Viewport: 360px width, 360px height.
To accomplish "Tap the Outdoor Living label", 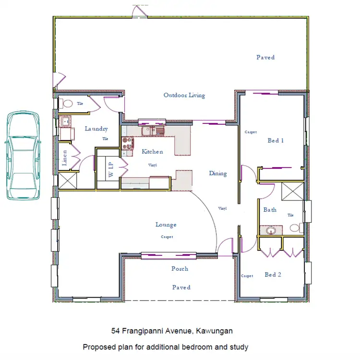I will pos(184,95).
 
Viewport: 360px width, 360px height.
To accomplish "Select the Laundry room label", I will pos(96,129).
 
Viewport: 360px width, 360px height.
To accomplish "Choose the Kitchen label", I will pos(152,152).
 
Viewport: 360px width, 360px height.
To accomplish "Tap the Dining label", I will pos(217,173).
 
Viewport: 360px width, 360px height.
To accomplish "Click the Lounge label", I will pos(166,225).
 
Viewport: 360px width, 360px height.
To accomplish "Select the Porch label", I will pos(180,269).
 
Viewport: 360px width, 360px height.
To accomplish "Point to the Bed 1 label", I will pos(276,141).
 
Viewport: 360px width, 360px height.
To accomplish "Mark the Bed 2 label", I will pos(273,275).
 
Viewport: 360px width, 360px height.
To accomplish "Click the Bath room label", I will pos(270,210).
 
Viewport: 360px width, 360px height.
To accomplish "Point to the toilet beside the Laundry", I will pos(66,103).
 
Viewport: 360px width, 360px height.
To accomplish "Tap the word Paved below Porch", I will pos(181,287).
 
